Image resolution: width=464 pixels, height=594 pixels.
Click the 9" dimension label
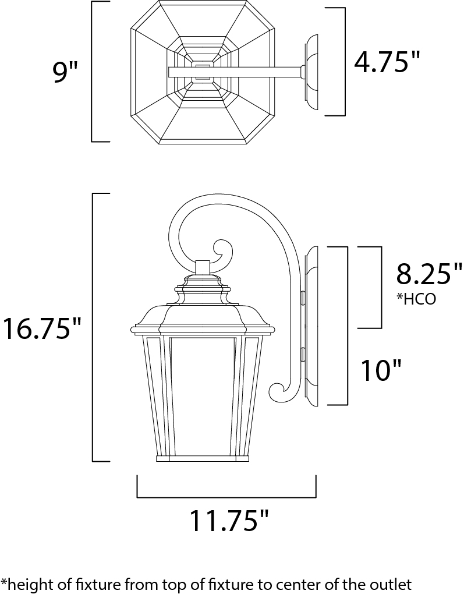65,72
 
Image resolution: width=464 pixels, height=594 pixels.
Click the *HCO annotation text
416,299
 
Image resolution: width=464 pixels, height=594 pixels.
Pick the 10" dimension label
381,370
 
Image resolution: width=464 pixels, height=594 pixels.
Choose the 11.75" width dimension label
229,521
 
